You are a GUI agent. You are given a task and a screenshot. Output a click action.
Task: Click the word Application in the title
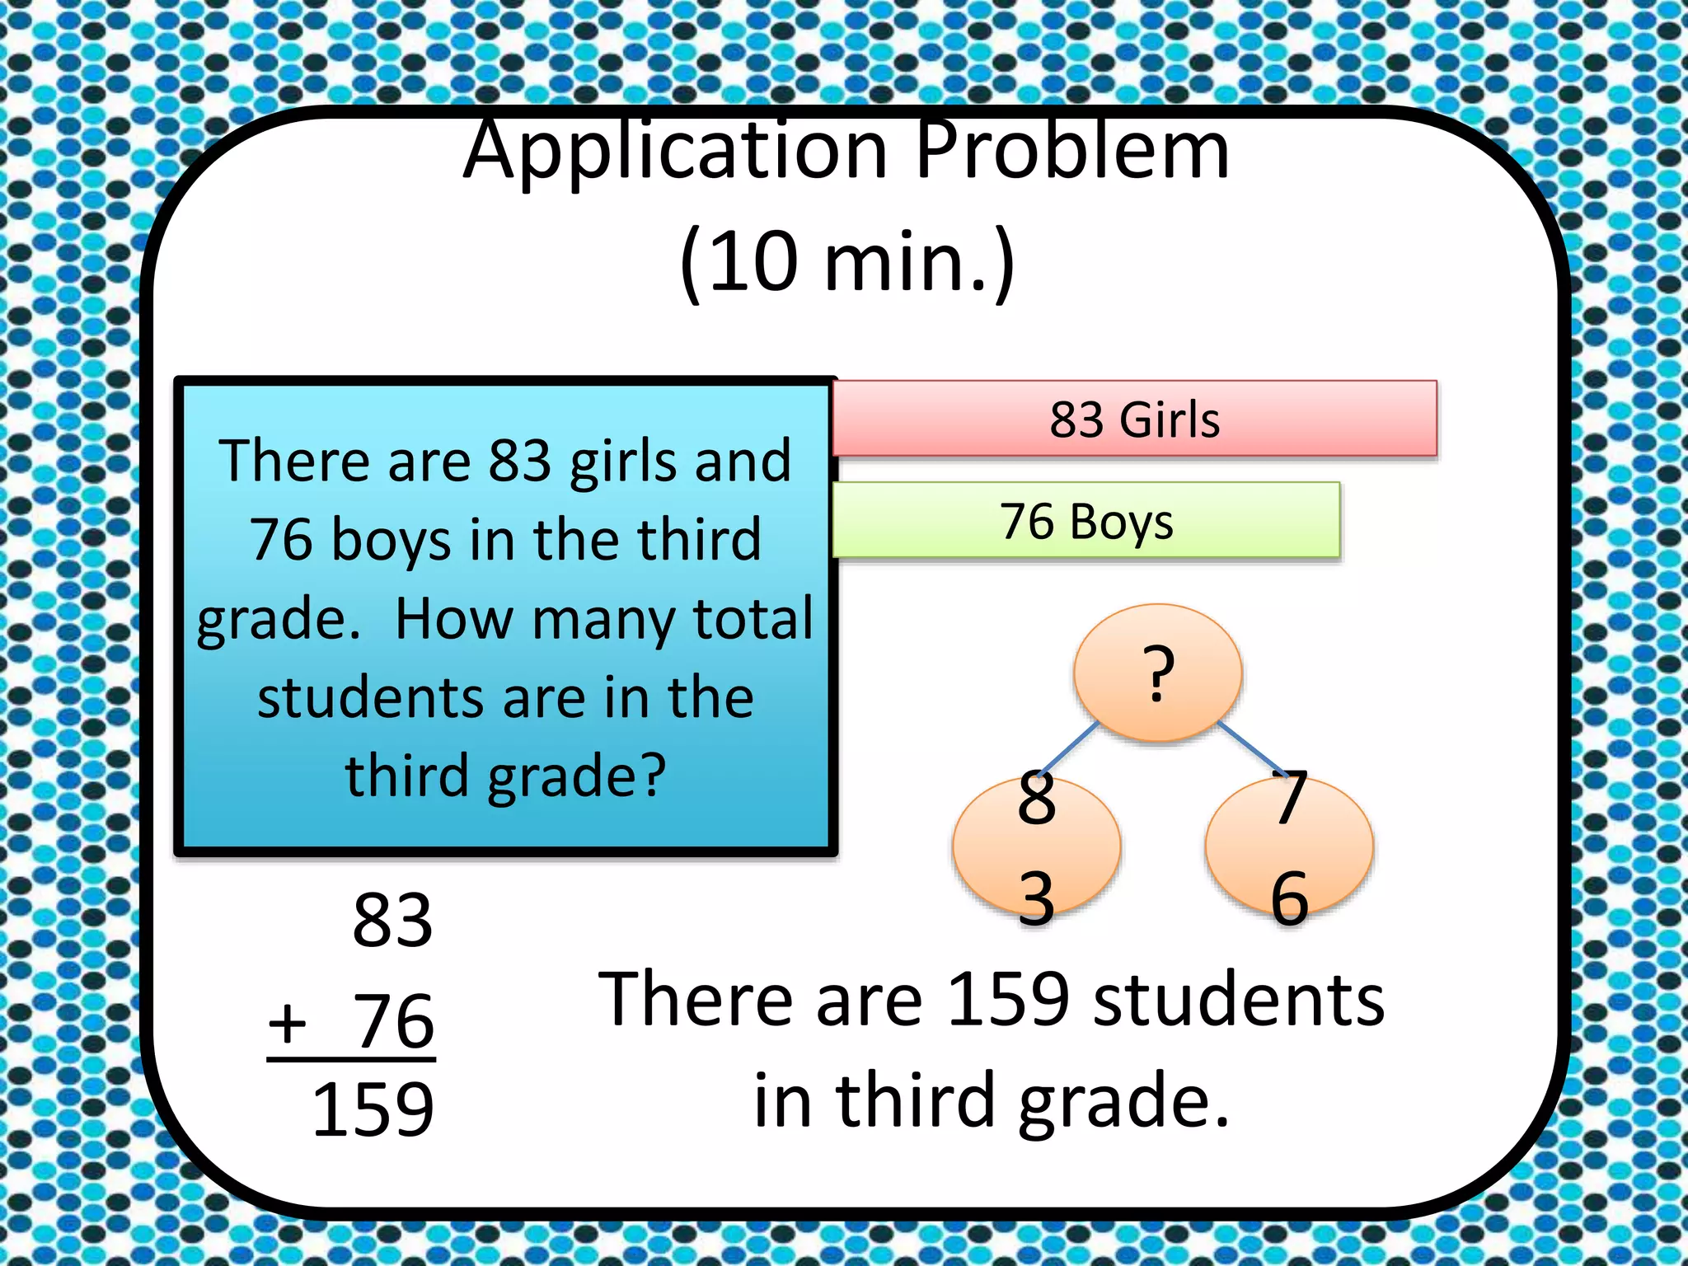[x=676, y=152]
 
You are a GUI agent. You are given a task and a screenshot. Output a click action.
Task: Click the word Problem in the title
[x=1071, y=152]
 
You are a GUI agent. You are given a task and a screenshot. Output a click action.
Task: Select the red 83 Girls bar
[x=1134, y=419]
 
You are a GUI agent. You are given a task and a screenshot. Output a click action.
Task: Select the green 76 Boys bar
[x=1086, y=521]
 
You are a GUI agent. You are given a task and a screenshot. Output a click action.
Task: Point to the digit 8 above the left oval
[x=1036, y=798]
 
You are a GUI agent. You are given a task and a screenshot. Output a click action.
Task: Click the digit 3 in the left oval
[x=1036, y=898]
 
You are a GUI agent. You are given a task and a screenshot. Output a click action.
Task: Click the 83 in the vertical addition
[x=392, y=920]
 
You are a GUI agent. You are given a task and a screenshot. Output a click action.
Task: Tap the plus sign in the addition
[x=288, y=1023]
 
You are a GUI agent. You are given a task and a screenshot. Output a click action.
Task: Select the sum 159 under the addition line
[x=373, y=1110]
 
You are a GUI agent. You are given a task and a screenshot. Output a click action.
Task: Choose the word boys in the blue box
[x=392, y=541]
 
